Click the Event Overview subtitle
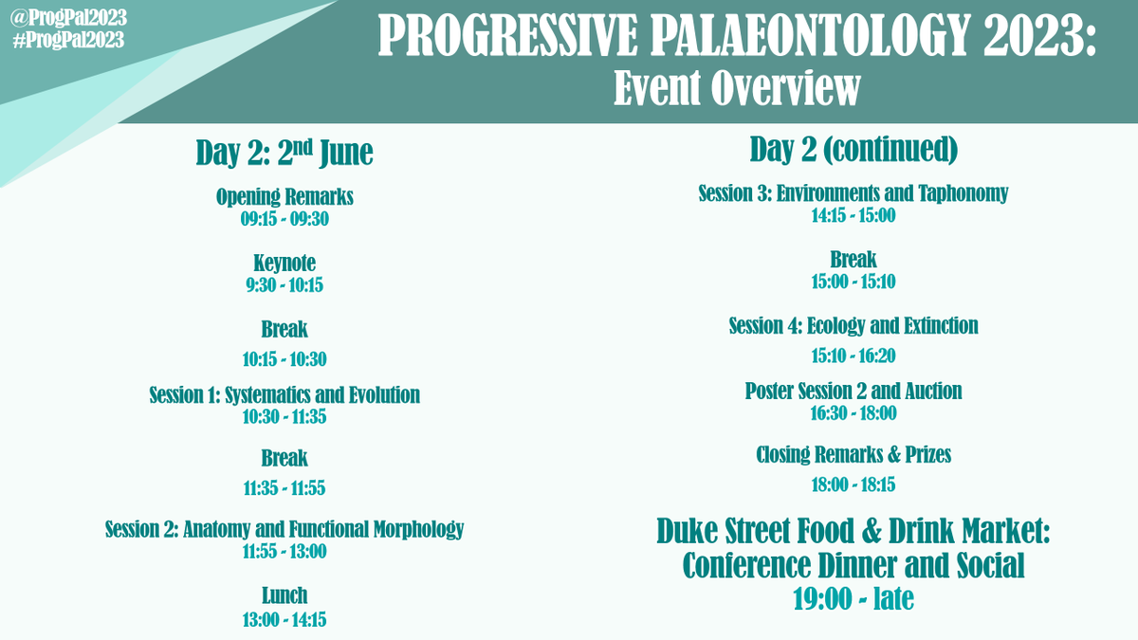tap(737, 90)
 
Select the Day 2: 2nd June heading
tap(284, 153)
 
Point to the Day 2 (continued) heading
tap(853, 149)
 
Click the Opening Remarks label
tap(284, 197)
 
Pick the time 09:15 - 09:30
tap(284, 220)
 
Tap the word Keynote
tap(284, 263)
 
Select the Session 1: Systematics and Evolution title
tap(284, 394)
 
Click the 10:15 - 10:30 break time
tap(284, 359)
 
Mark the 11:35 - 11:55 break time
tap(284, 488)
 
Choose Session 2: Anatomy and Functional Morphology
tap(284, 529)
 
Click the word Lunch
tap(284, 595)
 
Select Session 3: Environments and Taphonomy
tap(853, 193)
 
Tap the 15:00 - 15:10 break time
tap(853, 282)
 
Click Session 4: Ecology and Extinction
tap(853, 326)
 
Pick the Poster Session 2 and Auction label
tap(853, 391)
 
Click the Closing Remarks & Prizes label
tap(853, 455)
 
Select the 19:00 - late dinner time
tap(853, 599)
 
